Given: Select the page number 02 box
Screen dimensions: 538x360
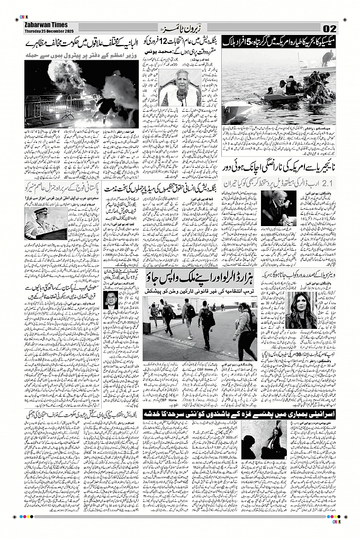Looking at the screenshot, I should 329,28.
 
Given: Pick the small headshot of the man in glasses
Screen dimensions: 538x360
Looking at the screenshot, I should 113,300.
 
